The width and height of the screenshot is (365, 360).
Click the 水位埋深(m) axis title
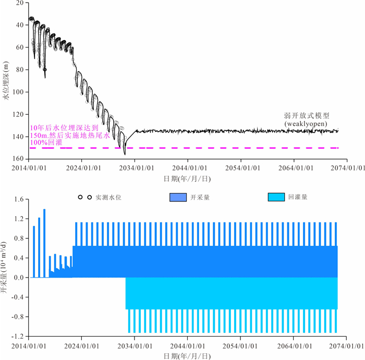(6, 81)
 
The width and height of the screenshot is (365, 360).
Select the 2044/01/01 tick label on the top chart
(188, 168)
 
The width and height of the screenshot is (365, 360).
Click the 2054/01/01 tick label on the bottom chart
(240, 346)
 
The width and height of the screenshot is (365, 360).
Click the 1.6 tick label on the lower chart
(20, 199)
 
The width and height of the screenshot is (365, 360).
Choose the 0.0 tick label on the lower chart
(20, 278)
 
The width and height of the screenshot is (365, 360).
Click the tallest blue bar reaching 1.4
(44, 243)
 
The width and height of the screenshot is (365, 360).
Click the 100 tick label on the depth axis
(21, 92)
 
